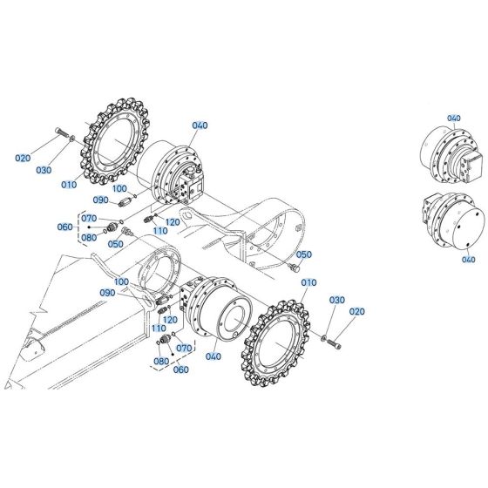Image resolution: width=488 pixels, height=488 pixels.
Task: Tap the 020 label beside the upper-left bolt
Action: tap(24, 158)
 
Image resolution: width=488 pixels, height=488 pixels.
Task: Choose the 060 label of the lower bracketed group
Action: tap(181, 369)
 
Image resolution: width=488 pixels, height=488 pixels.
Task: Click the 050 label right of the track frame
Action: tap(303, 231)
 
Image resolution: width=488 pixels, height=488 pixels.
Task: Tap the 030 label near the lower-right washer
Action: tap(336, 300)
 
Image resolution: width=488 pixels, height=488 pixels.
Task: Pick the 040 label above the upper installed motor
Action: tap(200, 126)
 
